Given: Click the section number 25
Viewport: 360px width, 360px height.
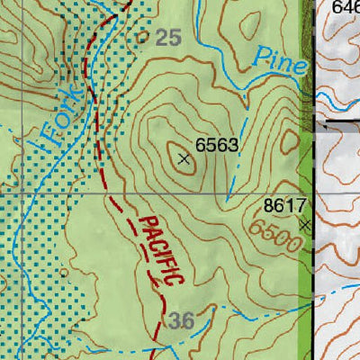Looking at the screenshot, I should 167,37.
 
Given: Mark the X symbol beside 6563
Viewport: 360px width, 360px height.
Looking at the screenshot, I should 184,159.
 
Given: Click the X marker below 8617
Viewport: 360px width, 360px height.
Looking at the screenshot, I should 306,224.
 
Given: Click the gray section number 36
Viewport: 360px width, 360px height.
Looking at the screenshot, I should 180,321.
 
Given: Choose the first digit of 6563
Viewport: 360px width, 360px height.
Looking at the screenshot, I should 201,145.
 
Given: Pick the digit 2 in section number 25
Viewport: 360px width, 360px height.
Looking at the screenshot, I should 161,37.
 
